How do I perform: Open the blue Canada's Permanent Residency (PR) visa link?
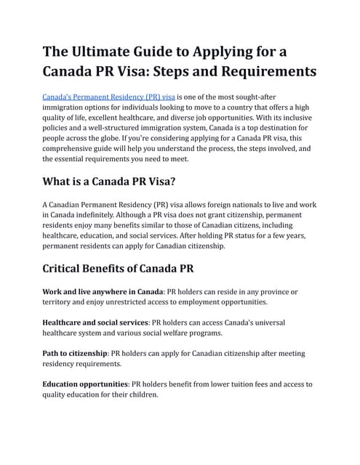click(109, 97)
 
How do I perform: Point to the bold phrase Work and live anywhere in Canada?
click(103, 291)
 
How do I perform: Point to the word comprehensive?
click(71, 147)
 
